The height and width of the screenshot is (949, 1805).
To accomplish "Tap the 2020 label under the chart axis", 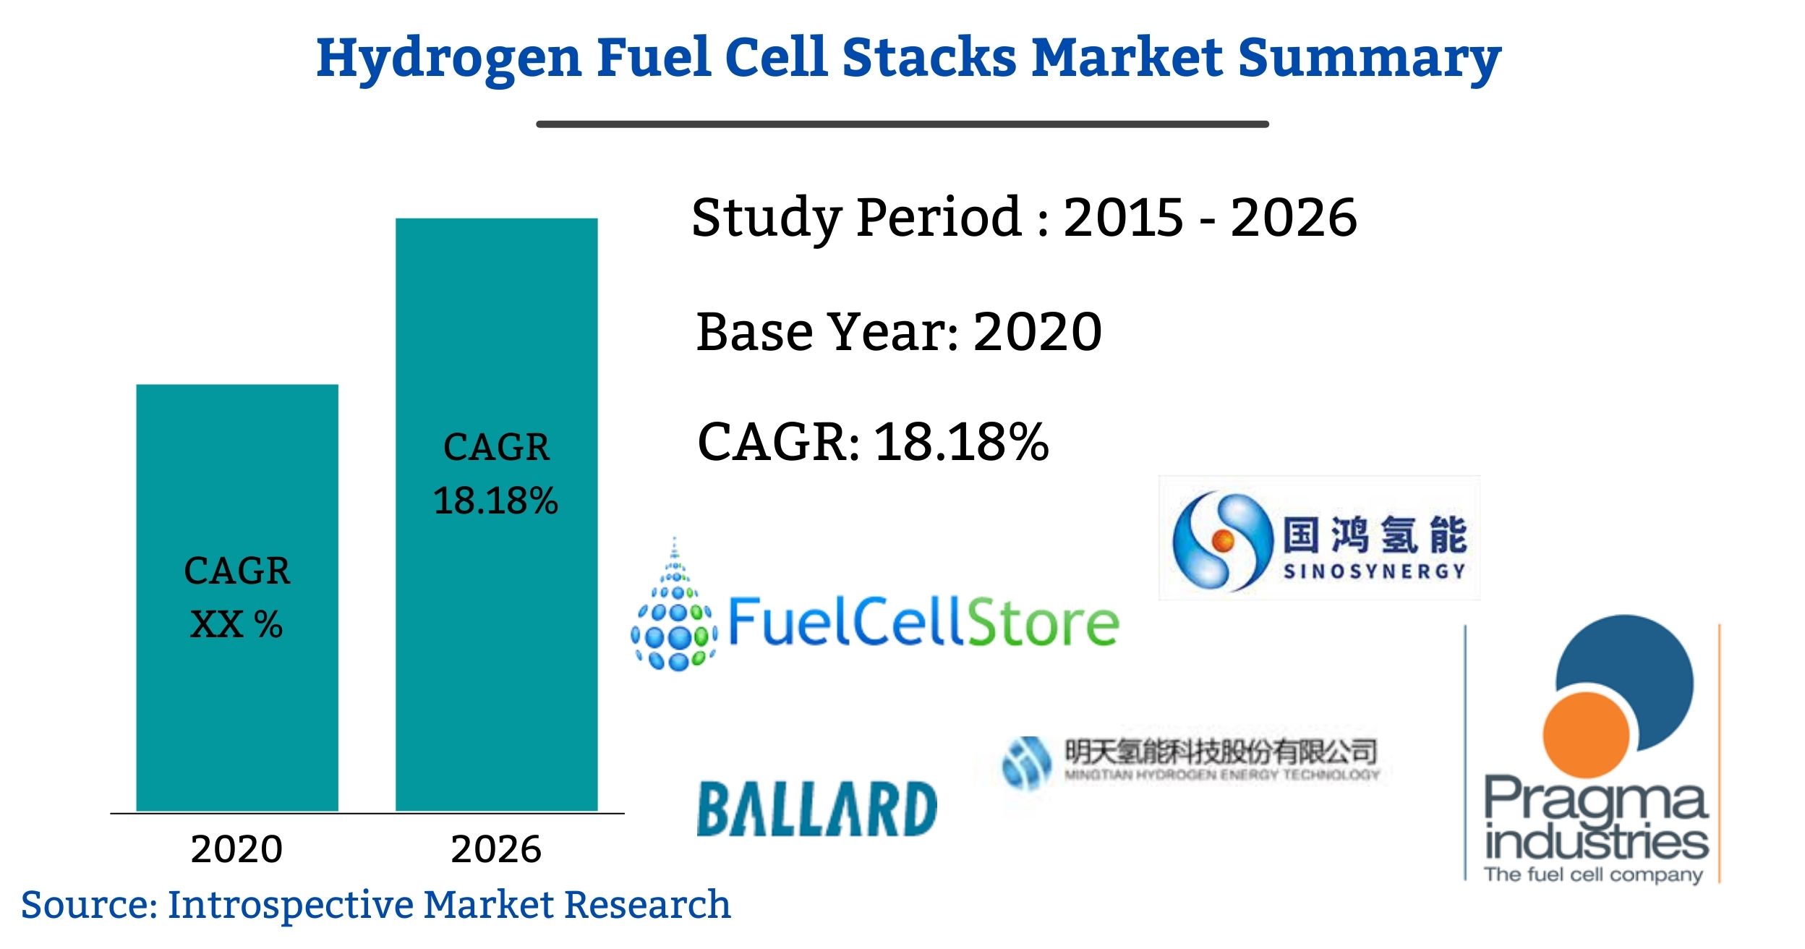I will click(x=236, y=849).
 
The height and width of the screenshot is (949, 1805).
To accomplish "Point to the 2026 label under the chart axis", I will click(x=496, y=849).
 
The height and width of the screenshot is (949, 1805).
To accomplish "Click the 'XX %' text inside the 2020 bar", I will click(x=236, y=624).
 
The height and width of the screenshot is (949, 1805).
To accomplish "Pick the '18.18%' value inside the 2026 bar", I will click(x=496, y=501).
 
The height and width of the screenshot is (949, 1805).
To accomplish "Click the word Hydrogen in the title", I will click(x=448, y=58).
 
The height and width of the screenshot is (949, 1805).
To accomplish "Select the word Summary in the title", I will click(x=1370, y=58).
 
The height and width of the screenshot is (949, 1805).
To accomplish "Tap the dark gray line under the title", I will click(x=902, y=124).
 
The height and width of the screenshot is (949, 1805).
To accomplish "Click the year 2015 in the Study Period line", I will click(x=1123, y=217).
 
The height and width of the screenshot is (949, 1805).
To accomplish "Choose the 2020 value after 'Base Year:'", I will click(x=1038, y=332).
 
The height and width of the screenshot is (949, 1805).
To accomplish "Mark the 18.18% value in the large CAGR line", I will click(x=962, y=442).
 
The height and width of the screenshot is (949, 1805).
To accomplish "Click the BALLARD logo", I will click(x=816, y=808).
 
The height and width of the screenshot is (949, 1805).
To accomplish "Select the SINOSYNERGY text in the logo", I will click(x=1374, y=571).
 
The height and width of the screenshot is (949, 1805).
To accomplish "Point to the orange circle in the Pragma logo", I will click(x=1587, y=735).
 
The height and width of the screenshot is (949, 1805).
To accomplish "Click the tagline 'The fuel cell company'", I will click(x=1593, y=875).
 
